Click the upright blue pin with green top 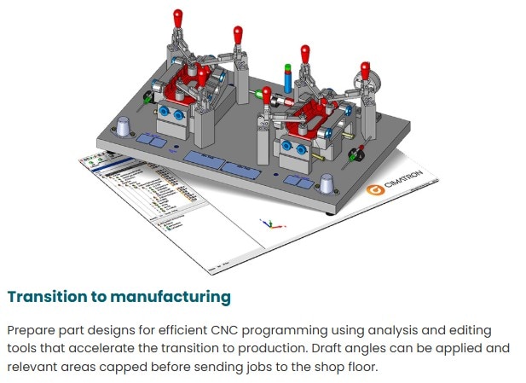(x=289, y=78)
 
